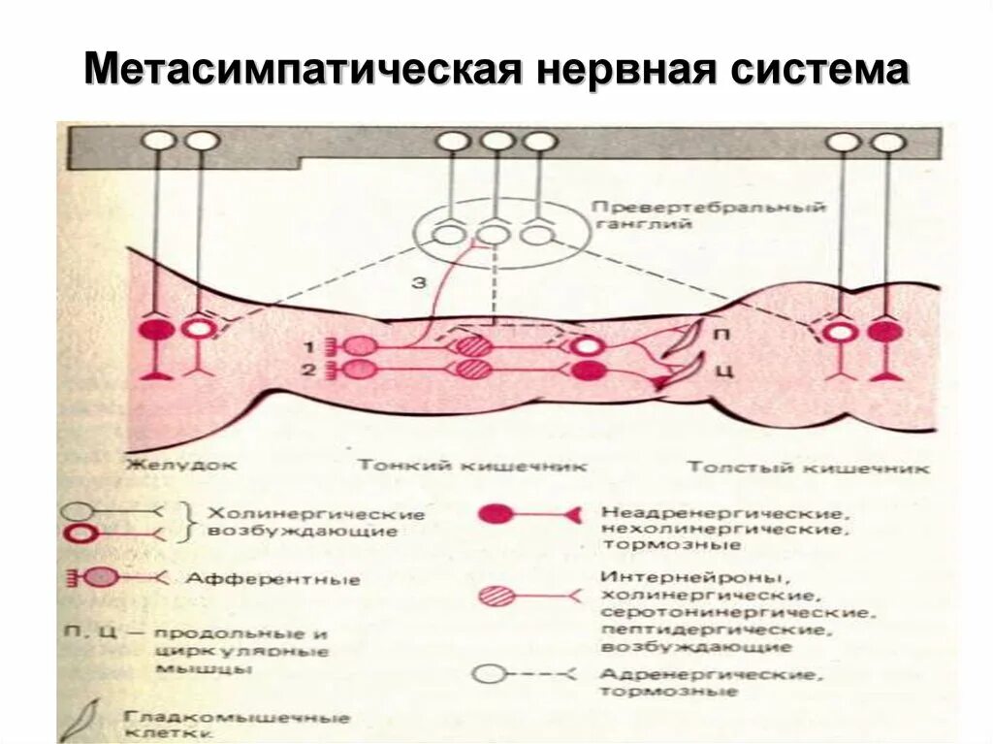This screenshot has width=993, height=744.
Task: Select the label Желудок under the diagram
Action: [x=180, y=465]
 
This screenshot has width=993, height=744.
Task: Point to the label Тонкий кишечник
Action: [x=472, y=466]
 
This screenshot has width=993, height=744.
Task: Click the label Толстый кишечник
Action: [x=808, y=468]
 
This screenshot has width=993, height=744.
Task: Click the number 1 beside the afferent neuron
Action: [x=307, y=345]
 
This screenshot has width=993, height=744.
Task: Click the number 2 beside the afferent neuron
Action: [x=307, y=369]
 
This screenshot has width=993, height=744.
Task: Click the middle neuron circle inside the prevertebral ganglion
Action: [x=495, y=234]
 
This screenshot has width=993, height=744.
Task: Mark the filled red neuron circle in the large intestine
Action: [x=884, y=332]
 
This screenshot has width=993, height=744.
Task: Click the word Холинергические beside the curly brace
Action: [x=318, y=513]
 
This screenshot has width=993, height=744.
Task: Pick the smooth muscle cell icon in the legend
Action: [x=86, y=719]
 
